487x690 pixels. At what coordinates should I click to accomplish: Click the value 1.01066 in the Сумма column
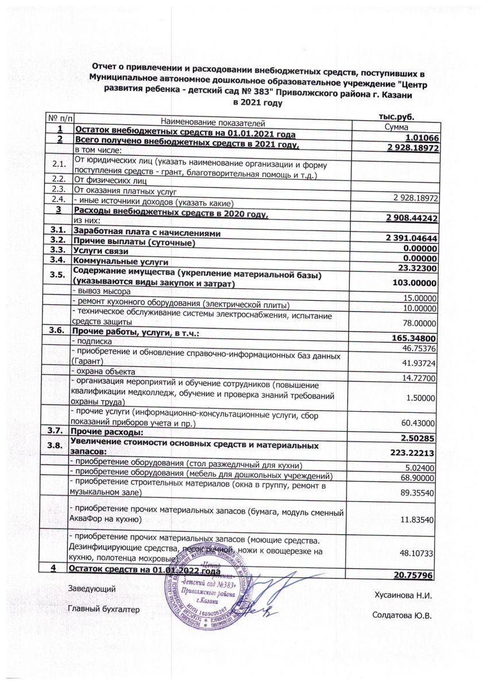click(x=420, y=138)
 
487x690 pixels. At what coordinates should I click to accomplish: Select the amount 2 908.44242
click(x=412, y=218)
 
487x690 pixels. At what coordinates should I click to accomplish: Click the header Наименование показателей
click(x=212, y=122)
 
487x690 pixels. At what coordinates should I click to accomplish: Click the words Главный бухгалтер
click(x=103, y=609)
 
